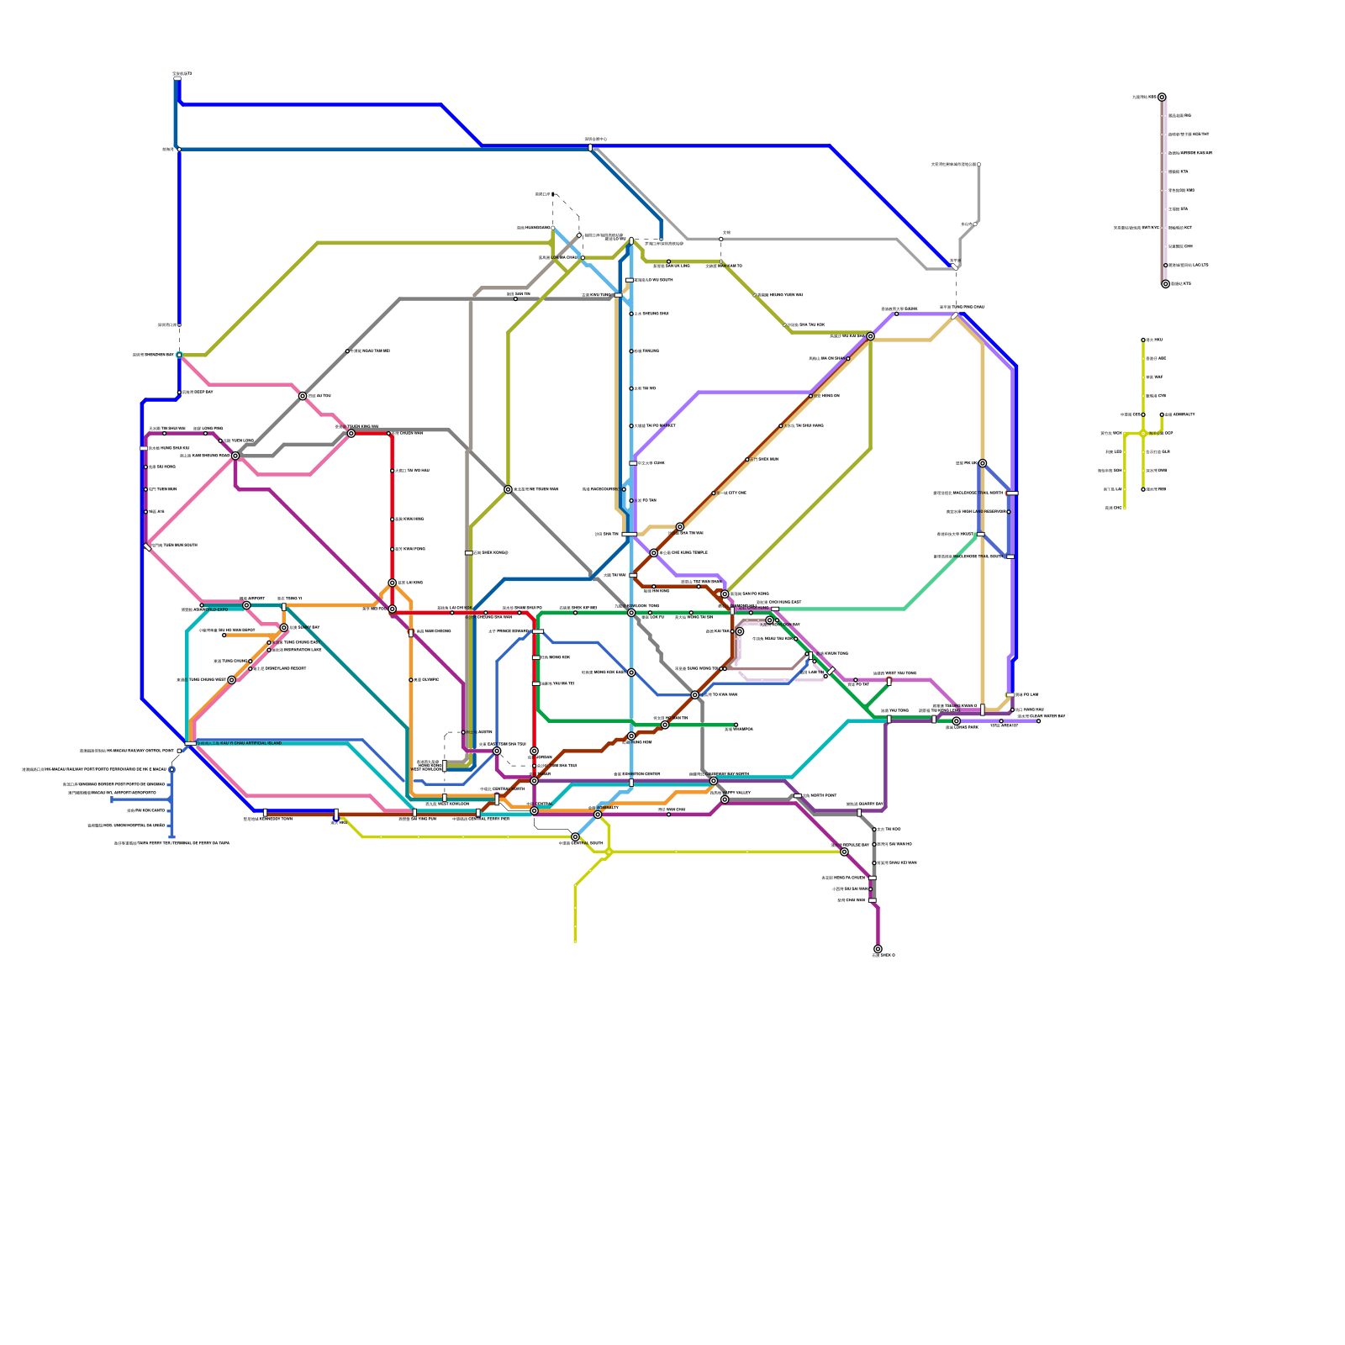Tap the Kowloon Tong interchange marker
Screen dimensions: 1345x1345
pos(631,613)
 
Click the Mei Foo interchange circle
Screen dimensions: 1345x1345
pos(392,609)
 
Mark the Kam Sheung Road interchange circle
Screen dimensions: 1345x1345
pos(351,434)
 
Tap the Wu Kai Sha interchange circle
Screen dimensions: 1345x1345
pos(870,336)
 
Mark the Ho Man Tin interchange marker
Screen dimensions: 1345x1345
pos(665,725)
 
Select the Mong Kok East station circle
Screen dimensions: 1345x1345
pos(631,672)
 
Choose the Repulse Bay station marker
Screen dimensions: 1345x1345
pos(844,852)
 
